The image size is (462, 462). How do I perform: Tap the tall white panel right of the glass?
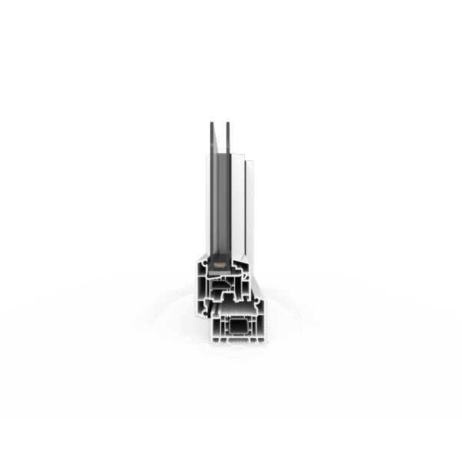[248, 208]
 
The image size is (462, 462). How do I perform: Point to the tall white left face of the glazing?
[209, 208]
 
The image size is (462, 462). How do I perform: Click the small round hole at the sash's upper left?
[203, 271]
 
